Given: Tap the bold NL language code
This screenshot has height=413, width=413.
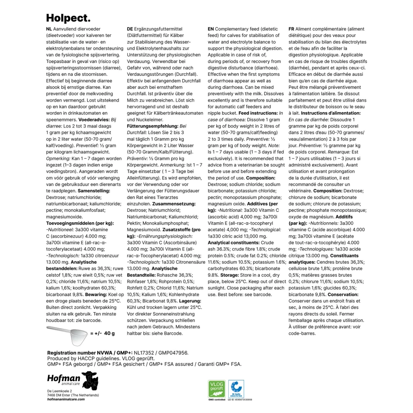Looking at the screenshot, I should (x=49, y=29).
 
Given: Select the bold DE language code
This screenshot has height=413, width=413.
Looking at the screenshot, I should (x=130, y=29).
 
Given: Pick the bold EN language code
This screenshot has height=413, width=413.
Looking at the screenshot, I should (x=211, y=29).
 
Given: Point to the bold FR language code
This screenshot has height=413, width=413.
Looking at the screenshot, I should (x=291, y=29).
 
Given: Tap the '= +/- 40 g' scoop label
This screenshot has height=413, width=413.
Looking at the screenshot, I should (x=102, y=333).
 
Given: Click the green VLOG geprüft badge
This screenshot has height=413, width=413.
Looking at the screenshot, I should (x=217, y=389).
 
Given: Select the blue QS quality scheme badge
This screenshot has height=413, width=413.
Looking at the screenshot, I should (x=236, y=389).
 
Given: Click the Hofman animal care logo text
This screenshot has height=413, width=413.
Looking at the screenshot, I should (x=64, y=380).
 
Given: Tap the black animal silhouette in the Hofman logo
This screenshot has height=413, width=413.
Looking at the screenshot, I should (x=90, y=380).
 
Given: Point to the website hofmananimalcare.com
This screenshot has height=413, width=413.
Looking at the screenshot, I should (x=66, y=399).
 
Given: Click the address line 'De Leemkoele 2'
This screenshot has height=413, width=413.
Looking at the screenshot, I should (x=59, y=391).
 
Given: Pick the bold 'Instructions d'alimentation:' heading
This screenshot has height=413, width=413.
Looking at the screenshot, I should (x=331, y=113).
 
